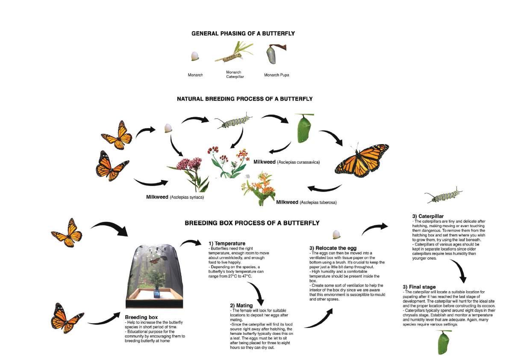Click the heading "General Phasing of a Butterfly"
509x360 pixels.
(x=243, y=33)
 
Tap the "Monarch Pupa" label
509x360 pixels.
(x=277, y=75)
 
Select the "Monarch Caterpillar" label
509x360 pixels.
(x=234, y=74)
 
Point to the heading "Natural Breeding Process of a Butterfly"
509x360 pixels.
(x=244, y=99)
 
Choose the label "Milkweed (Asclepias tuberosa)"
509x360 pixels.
(x=306, y=202)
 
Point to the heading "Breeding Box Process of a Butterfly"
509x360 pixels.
(x=252, y=223)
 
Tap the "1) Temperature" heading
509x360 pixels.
(x=227, y=244)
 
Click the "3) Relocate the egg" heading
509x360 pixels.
(x=332, y=248)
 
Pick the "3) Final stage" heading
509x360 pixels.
(x=419, y=286)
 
